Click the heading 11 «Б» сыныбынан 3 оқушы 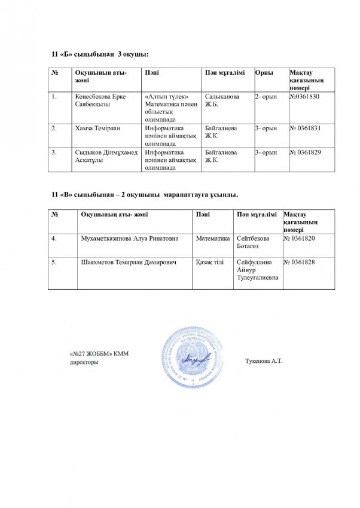coord(100,56)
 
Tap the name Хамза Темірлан coord(98,128)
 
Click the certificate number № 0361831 coord(308,128)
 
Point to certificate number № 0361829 coord(308,152)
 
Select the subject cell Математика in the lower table coord(213,238)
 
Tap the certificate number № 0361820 coord(303,238)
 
